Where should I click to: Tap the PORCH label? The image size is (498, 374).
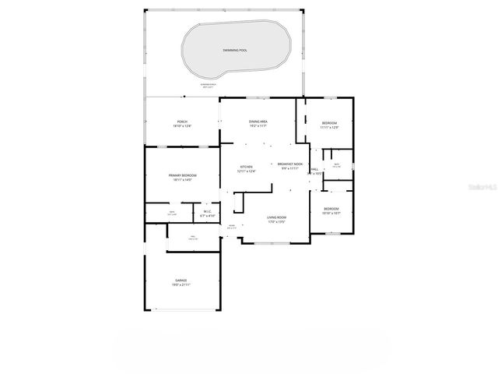click(182, 122)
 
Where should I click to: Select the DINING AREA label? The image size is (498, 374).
click(258, 122)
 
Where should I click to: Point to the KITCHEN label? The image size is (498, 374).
click(246, 167)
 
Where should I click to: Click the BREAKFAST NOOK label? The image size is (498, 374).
click(290, 164)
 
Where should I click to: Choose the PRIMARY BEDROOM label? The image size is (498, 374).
click(183, 175)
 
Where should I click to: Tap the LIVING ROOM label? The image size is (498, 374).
click(277, 217)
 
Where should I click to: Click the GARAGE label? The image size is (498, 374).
click(181, 280)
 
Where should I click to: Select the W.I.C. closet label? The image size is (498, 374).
click(208, 211)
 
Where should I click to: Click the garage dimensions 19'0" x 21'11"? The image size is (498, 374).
click(181, 284)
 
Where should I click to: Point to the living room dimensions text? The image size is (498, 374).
click(277, 222)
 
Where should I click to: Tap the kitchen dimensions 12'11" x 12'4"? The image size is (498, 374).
click(246, 171)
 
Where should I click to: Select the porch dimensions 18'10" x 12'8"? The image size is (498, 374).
click(182, 126)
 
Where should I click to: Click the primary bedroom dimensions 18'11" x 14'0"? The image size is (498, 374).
click(183, 180)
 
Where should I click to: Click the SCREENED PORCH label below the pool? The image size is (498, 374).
click(207, 84)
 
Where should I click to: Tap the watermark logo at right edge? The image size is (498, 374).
click(483, 188)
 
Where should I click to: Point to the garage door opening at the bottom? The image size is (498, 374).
click(181, 310)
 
